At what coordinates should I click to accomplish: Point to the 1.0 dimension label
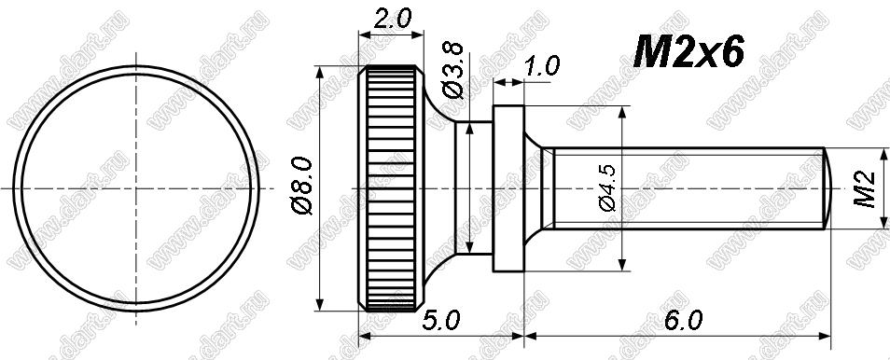click(541, 66)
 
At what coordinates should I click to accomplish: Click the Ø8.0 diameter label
click(304, 187)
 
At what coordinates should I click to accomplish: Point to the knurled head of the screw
click(391, 188)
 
